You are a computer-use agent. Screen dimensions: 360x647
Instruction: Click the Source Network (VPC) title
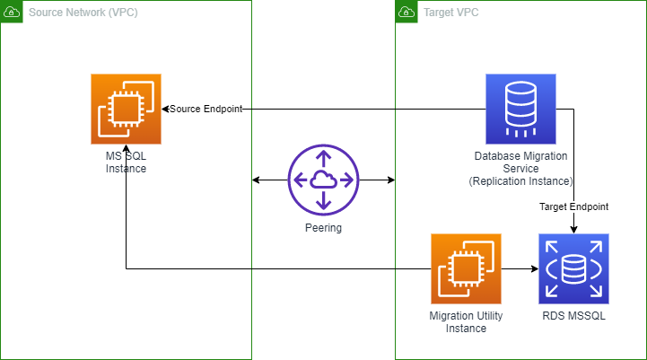(x=83, y=14)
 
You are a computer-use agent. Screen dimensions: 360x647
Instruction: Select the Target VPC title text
(x=450, y=14)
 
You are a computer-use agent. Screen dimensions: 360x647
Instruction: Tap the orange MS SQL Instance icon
(x=126, y=109)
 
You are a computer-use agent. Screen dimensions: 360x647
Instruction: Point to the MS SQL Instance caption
(x=126, y=162)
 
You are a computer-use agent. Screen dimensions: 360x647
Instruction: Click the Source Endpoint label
(x=205, y=109)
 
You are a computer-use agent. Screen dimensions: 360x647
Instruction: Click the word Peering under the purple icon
(x=323, y=228)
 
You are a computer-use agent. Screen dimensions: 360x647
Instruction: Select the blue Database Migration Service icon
(x=520, y=109)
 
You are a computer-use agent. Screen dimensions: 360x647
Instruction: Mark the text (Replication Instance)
(x=520, y=180)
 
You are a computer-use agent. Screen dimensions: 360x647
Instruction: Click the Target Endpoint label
(x=573, y=206)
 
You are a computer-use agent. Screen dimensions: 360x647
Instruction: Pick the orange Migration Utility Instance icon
(x=466, y=268)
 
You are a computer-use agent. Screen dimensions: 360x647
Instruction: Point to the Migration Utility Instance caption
(x=466, y=321)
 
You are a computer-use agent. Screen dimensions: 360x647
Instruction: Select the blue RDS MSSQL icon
(x=573, y=268)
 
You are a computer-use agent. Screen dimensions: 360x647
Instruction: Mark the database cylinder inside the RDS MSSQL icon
(x=573, y=268)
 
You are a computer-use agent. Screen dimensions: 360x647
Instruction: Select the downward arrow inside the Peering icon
(x=323, y=200)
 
